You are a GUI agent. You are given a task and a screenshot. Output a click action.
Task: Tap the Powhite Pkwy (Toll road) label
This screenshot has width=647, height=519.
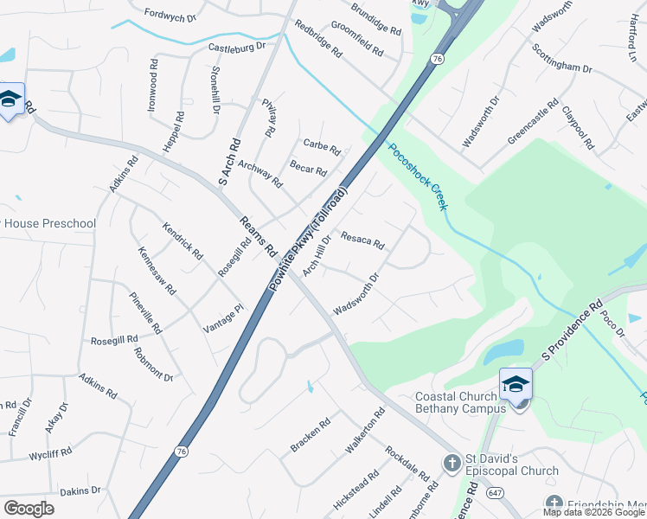pyautogui.click(x=310, y=238)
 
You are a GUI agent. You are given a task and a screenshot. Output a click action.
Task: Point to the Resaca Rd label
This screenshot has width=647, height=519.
pyautogui.click(x=362, y=239)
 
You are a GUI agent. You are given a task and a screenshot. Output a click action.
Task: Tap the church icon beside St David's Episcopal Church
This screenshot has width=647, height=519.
pyautogui.click(x=451, y=464)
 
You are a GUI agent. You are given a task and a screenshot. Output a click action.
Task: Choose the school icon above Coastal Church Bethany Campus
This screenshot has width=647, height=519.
pyautogui.click(x=516, y=384)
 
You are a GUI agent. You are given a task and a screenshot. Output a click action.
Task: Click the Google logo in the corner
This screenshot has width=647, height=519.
pyautogui.click(x=29, y=509)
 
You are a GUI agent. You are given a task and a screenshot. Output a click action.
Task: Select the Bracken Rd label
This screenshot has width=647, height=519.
pyautogui.click(x=311, y=435)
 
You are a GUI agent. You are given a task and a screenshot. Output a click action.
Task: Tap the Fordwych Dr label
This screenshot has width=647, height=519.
pyautogui.click(x=170, y=15)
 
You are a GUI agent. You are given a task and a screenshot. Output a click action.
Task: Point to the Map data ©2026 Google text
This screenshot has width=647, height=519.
pyautogui.click(x=593, y=512)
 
